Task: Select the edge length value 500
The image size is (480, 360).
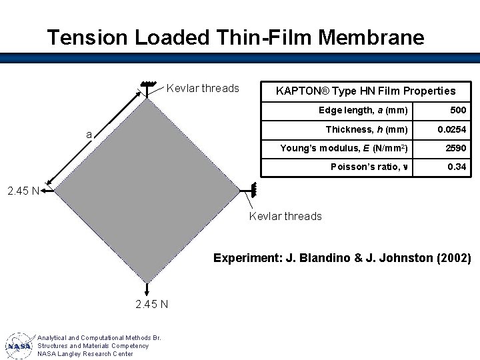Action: [x=458, y=110]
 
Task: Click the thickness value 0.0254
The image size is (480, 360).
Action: [x=451, y=129]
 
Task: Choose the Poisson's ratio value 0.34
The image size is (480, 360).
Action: [x=457, y=167]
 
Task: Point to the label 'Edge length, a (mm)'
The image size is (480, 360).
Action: [x=363, y=110]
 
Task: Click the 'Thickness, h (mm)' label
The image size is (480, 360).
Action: [x=366, y=129]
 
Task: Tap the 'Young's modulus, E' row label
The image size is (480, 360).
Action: [x=344, y=148]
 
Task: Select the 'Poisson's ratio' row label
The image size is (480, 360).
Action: [x=368, y=167]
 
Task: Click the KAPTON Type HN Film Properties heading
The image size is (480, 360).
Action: [x=366, y=91]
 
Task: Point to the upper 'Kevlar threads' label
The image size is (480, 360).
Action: [x=203, y=88]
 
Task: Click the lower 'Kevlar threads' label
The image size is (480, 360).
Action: [x=285, y=216]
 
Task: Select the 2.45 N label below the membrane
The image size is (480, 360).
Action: [x=151, y=305]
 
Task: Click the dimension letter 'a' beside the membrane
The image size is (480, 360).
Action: [x=89, y=135]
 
